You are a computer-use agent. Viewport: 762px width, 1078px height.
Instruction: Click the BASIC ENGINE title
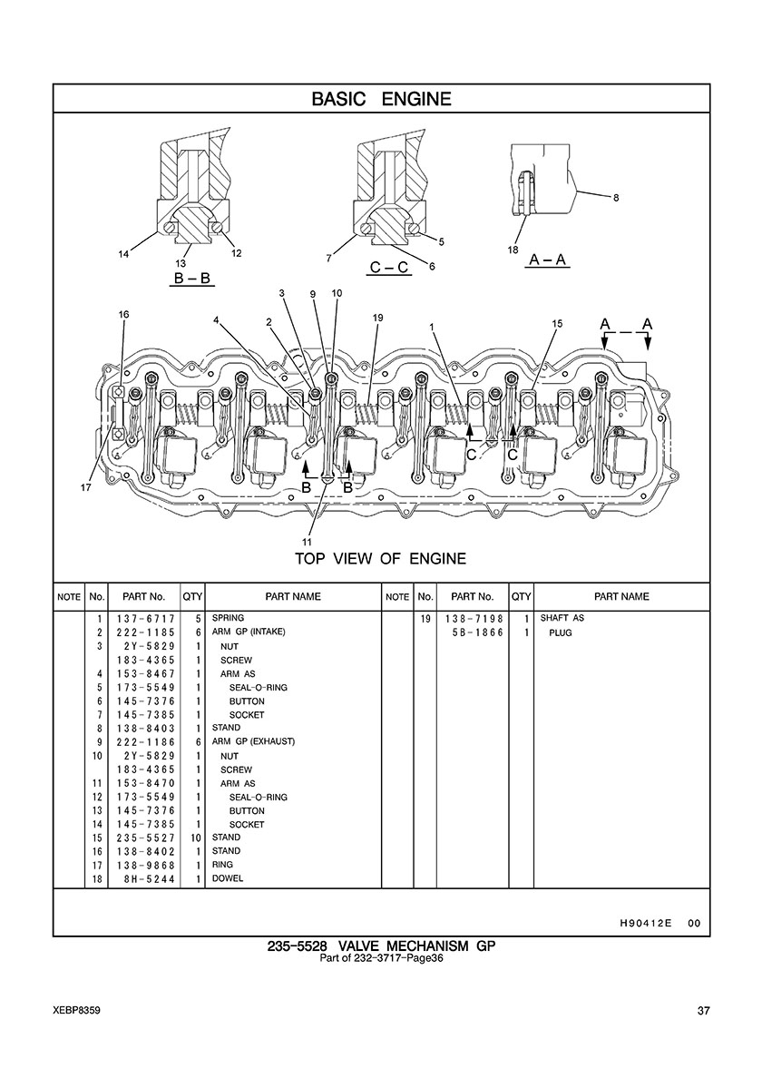[381, 99]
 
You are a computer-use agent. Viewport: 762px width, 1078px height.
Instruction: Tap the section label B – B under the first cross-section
[191, 279]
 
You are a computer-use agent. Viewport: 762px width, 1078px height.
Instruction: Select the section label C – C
[389, 267]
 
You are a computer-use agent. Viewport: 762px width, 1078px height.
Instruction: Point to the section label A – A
[548, 260]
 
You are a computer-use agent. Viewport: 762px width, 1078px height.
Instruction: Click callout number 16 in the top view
[123, 315]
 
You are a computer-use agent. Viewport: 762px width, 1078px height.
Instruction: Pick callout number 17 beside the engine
[85, 488]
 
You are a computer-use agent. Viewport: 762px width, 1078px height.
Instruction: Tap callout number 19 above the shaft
[378, 318]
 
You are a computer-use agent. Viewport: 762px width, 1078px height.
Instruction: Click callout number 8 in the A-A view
[616, 198]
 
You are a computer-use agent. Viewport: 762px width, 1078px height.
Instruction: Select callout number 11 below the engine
[307, 541]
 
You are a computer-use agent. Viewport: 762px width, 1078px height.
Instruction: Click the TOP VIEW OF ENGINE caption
[381, 559]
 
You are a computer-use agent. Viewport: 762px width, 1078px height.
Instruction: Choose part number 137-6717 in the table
[146, 619]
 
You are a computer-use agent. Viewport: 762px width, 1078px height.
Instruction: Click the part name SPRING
[228, 618]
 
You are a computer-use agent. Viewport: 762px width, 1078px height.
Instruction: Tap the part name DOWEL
[228, 878]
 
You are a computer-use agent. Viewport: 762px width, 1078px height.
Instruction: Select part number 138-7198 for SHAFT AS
[474, 619]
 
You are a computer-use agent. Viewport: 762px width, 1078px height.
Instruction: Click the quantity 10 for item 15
[196, 838]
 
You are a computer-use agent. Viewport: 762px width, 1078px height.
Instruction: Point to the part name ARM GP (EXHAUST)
[253, 742]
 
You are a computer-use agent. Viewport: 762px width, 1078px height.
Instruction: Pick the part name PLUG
[560, 632]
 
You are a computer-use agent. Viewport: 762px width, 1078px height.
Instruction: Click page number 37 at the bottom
[704, 1011]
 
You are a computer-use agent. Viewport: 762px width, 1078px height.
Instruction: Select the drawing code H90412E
[640, 924]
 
